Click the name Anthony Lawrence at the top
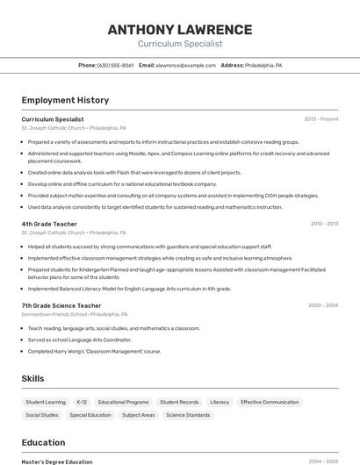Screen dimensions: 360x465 tap(179, 30)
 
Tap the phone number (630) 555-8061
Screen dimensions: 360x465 tap(116, 65)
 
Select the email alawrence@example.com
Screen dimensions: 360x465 tap(185, 65)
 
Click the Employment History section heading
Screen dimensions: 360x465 tap(65, 100)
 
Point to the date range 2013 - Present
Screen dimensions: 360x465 tap(321, 119)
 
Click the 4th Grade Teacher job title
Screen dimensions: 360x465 tap(49, 224)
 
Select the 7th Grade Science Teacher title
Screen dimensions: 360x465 tap(61, 305)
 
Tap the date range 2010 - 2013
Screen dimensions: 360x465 tap(324, 224)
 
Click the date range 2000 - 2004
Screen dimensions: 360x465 tap(323, 305)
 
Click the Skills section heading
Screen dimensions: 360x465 tap(33, 379)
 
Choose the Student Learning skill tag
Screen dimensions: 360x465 tap(46, 402)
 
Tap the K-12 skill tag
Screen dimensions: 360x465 tap(82, 402)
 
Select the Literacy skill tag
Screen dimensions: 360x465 tap(220, 402)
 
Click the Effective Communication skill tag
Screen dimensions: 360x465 tap(270, 402)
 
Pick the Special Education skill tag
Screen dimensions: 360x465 tap(90, 415)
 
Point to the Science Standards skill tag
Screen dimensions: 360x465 tap(188, 415)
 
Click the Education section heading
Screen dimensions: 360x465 tap(43, 443)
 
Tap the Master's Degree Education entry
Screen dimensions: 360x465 tap(57, 461)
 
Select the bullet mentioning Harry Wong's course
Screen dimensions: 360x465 tap(94, 351)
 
